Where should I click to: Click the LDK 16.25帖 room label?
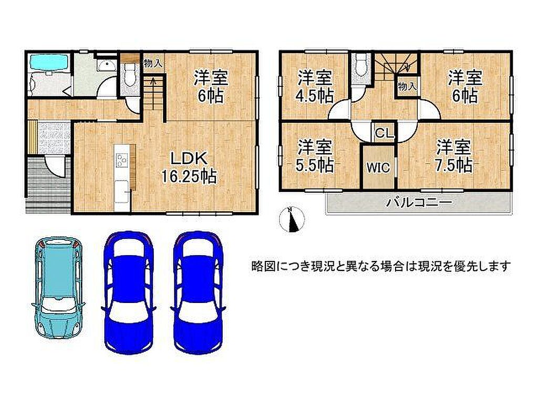189,168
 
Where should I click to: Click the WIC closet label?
378,168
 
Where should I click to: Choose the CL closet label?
384,133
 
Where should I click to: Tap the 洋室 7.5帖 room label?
453,156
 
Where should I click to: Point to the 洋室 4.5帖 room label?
315,87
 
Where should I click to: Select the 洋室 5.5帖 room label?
315,156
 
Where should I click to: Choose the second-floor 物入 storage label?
407,86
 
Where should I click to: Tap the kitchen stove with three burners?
122,159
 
